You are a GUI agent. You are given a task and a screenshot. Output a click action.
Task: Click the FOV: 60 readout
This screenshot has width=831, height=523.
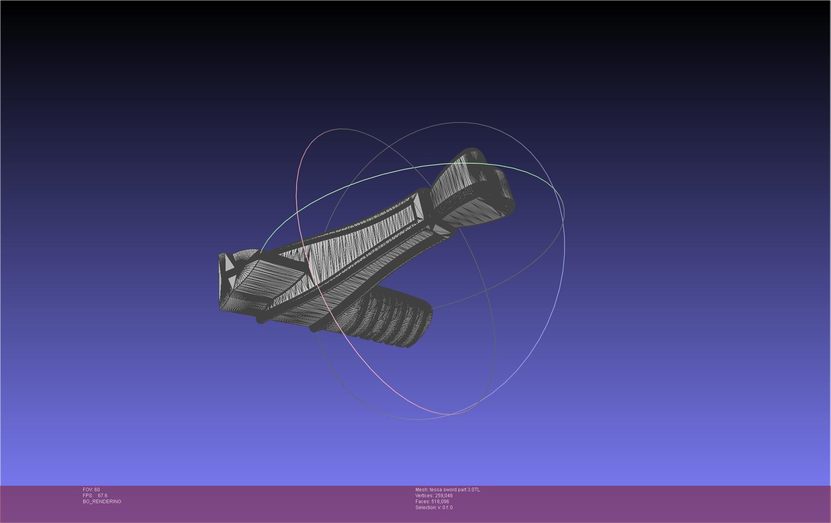click(91, 490)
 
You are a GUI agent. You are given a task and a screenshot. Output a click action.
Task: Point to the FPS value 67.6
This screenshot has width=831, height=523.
click(102, 496)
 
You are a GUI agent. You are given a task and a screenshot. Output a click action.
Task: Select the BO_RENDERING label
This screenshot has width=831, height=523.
click(102, 502)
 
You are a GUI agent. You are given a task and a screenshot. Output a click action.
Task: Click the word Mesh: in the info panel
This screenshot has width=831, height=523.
click(421, 490)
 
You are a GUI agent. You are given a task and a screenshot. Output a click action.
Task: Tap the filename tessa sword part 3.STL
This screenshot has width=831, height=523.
click(455, 490)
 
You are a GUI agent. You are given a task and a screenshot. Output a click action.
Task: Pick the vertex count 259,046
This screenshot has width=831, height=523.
click(444, 496)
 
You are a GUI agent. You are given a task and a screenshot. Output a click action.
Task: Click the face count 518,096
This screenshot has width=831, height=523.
click(440, 502)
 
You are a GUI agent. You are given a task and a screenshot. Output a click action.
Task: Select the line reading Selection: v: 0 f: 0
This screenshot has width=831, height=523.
click(434, 508)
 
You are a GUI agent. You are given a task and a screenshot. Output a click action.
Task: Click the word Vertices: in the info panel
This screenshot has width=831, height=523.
click(424, 496)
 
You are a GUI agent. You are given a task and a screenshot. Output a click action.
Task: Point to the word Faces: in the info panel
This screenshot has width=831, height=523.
click(423, 502)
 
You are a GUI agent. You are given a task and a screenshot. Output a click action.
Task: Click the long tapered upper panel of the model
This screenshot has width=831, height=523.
click(357, 246)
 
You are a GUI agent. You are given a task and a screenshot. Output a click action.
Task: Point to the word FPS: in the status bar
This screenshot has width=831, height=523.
click(88, 496)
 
